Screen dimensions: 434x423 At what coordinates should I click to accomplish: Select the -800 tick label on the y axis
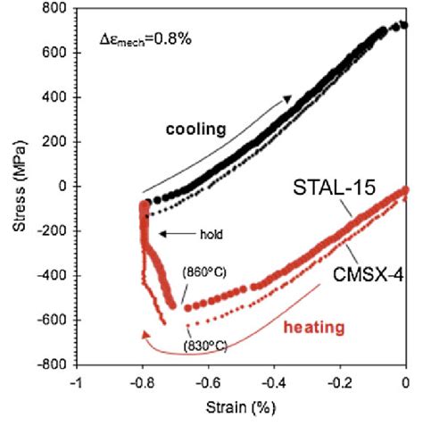56,365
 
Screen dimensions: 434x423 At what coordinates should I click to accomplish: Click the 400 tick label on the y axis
60,97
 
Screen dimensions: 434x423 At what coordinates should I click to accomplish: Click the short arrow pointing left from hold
175,235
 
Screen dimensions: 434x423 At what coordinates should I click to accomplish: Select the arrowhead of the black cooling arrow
288,98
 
